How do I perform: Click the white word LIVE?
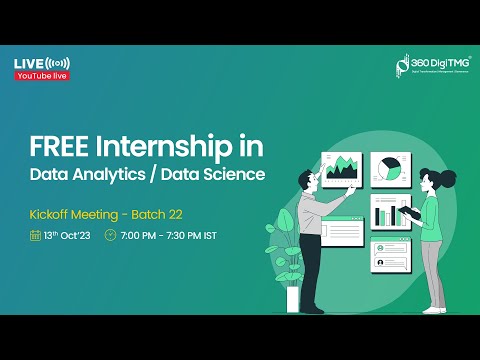click(x=28, y=64)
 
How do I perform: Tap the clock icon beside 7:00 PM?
click(x=110, y=235)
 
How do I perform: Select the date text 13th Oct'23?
click(x=68, y=235)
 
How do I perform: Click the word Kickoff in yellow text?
click(x=50, y=213)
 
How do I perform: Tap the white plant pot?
click(x=293, y=298)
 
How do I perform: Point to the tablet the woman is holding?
click(x=414, y=212)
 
